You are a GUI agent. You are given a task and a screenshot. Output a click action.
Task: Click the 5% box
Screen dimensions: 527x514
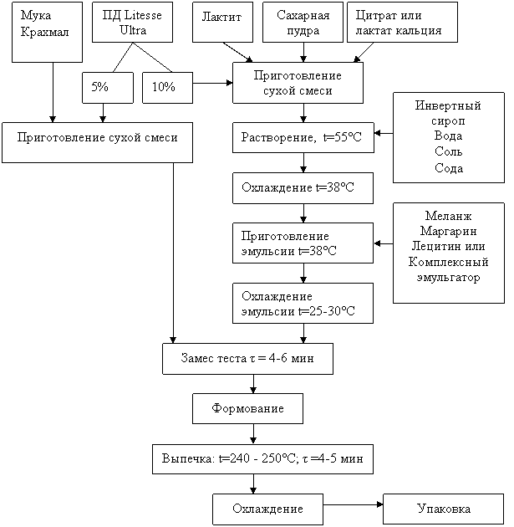pos(107,88)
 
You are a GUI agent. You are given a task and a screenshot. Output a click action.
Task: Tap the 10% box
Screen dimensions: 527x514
pos(167,88)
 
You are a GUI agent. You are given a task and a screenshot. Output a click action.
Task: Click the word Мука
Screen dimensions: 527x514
pos(36,17)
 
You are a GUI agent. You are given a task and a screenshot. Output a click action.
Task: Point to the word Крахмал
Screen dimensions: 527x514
pos(44,32)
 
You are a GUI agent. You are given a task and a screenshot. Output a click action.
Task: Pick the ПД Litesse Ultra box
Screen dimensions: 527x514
pos(132,23)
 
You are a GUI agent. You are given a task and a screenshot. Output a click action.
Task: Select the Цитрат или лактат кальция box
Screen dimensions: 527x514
pos(402,23)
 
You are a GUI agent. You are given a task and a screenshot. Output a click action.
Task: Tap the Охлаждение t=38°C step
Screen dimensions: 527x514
pos(303,188)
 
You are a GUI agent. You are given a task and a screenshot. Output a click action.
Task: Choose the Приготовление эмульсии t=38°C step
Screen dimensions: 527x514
pos(303,243)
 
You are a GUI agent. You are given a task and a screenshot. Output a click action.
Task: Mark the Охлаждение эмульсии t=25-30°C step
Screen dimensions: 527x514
pos(303,304)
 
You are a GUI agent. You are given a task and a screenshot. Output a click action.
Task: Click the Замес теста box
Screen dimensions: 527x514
pos(247,358)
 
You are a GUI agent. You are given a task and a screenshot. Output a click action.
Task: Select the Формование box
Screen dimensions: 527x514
pos(247,409)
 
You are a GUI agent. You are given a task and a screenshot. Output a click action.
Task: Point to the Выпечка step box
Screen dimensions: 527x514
pos(262,459)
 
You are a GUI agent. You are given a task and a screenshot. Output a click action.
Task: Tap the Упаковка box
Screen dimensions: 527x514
pos(444,509)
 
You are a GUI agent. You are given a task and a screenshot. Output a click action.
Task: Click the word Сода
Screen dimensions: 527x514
pos(449,168)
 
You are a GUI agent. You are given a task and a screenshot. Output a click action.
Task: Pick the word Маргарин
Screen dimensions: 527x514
pos(449,231)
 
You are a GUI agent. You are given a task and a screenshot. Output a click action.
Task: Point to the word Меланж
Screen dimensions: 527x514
pos(449,216)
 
